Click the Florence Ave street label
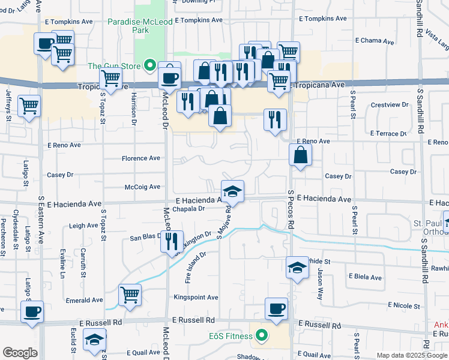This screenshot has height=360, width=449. click(141, 158)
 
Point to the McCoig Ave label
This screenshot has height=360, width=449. click(142, 187)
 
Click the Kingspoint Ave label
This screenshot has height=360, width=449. click(196, 297)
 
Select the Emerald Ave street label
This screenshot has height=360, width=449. click(85, 300)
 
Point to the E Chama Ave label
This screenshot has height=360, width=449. click(375, 42)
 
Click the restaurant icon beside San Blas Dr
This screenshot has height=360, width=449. click(172, 241)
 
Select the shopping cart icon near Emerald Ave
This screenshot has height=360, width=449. click(130, 295)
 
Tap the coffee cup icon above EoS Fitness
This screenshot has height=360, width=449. click(276, 308)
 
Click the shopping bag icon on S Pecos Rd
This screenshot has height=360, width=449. click(300, 155)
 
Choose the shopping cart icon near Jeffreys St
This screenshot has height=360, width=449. click(29, 106)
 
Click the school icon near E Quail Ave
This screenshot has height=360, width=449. click(94, 340)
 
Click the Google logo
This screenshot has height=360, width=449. click(20, 353)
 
